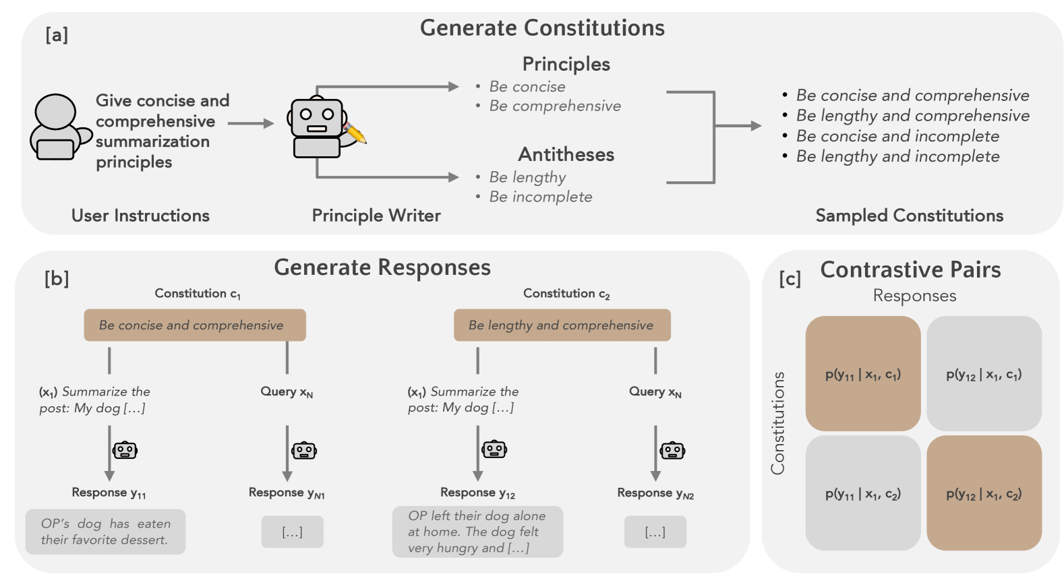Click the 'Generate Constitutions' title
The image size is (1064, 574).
[542, 28]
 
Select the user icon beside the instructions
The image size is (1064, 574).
[57, 127]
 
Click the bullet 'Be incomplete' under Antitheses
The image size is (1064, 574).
[540, 197]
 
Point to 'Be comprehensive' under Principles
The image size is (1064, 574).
[554, 106]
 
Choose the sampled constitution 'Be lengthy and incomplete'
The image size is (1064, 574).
[897, 156]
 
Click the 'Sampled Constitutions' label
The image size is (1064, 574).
[909, 216]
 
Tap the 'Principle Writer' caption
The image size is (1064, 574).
[376, 216]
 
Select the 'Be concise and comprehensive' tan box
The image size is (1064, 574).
[194, 325]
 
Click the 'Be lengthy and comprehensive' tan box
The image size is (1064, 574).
[562, 325]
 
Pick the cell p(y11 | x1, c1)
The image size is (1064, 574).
[862, 374]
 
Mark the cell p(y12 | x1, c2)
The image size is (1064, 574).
[984, 493]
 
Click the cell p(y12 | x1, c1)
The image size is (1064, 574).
[984, 374]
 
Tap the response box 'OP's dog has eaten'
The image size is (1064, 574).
[105, 532]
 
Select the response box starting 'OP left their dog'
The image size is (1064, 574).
[477, 532]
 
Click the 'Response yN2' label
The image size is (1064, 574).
[655, 493]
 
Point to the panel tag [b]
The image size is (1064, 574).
[57, 278]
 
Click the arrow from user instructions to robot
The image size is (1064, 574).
[251, 123]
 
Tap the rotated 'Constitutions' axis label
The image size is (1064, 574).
[777, 423]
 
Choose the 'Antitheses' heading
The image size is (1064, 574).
[566, 154]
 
